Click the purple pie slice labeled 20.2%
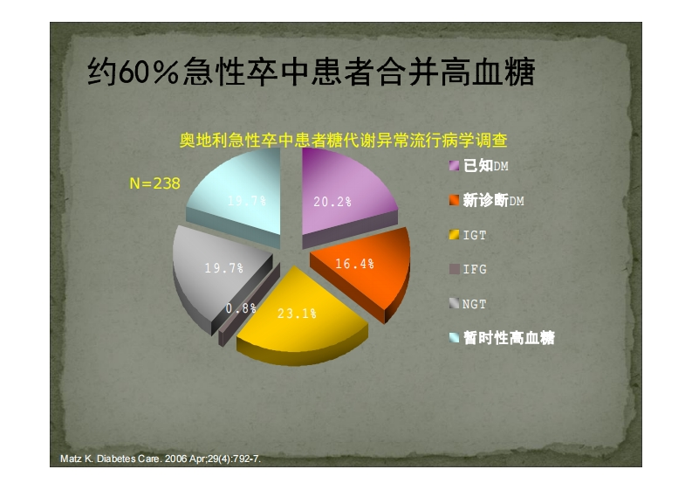point(344,195)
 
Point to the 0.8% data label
point(241,308)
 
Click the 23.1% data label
point(297,314)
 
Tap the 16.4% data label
point(354,264)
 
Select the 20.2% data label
point(332,202)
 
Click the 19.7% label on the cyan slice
point(247,201)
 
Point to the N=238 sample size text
point(155,183)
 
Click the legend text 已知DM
point(485,166)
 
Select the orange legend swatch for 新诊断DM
point(454,200)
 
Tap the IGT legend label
point(475,235)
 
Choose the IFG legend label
point(475,269)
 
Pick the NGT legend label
point(475,304)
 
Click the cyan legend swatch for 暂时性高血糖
point(454,337)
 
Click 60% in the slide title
point(148,72)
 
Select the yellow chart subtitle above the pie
point(343,140)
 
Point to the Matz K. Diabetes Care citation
point(161,459)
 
